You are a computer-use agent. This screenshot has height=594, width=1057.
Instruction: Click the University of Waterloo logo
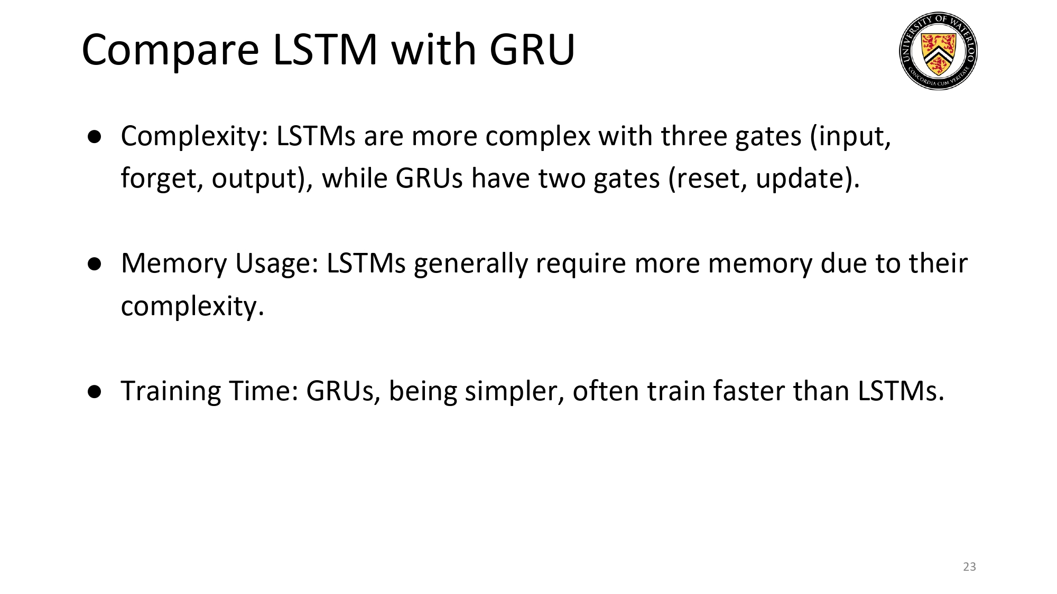click(x=938, y=51)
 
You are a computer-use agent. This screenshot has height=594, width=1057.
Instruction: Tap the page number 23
click(x=969, y=567)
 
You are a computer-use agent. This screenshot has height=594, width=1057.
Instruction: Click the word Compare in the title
click(x=170, y=51)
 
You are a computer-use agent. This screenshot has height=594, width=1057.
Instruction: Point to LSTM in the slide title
click(x=325, y=50)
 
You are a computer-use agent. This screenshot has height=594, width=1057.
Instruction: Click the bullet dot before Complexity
click(x=95, y=137)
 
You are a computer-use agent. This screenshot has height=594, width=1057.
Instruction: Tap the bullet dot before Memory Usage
click(x=95, y=265)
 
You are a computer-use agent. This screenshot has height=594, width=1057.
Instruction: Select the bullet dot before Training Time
click(x=95, y=392)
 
